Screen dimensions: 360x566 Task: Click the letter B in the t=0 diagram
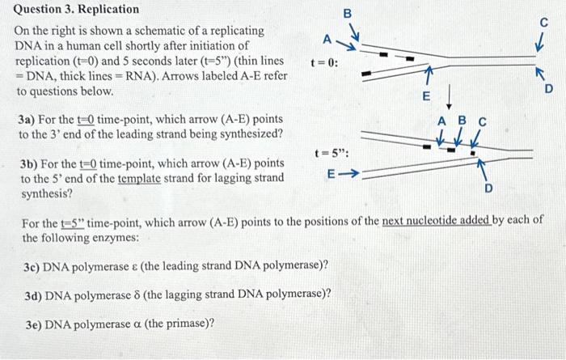(x=348, y=14)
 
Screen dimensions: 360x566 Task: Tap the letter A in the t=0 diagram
(x=327, y=39)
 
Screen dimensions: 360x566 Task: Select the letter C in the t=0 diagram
(x=543, y=23)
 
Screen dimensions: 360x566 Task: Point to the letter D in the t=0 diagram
(x=548, y=89)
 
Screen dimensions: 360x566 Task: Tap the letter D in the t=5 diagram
(x=487, y=190)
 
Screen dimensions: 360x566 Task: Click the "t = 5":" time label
(x=332, y=151)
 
